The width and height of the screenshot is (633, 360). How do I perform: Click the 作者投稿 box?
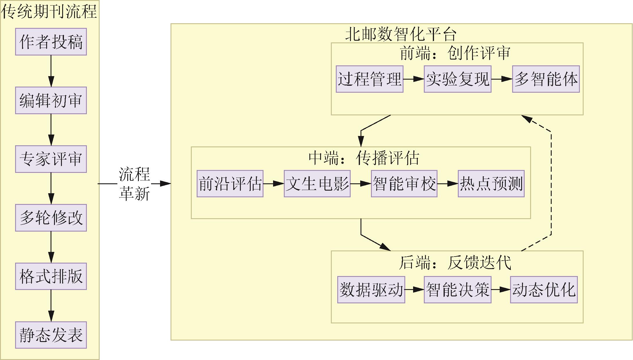coord(51,42)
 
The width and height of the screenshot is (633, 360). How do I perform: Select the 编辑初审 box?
coord(51,101)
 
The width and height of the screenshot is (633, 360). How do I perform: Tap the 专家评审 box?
coord(51,159)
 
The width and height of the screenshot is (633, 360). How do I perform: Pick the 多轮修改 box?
coord(51,218)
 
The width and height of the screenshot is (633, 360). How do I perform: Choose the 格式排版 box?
coord(51,276)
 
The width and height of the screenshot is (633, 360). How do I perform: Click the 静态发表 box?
coord(51,335)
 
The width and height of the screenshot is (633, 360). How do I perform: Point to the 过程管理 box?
coord(370,79)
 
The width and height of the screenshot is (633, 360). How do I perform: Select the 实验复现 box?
coord(458,79)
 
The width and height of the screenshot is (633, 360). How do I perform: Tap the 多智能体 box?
coord(546,79)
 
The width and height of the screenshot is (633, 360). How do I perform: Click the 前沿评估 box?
coord(230,184)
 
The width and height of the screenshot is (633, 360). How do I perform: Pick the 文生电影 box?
coord(317,184)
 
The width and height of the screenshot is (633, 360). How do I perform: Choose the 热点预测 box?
coord(491,184)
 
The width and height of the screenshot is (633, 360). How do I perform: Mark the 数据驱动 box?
coord(371,290)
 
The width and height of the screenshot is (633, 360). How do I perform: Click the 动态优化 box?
coord(544,290)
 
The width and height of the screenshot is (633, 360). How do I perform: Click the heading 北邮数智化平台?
coord(401,35)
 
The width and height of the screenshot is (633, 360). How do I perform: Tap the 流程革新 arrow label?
coord(134,184)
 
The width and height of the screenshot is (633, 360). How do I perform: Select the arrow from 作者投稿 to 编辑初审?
coord(51,71)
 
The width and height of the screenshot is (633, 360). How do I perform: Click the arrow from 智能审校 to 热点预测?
coord(448,184)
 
